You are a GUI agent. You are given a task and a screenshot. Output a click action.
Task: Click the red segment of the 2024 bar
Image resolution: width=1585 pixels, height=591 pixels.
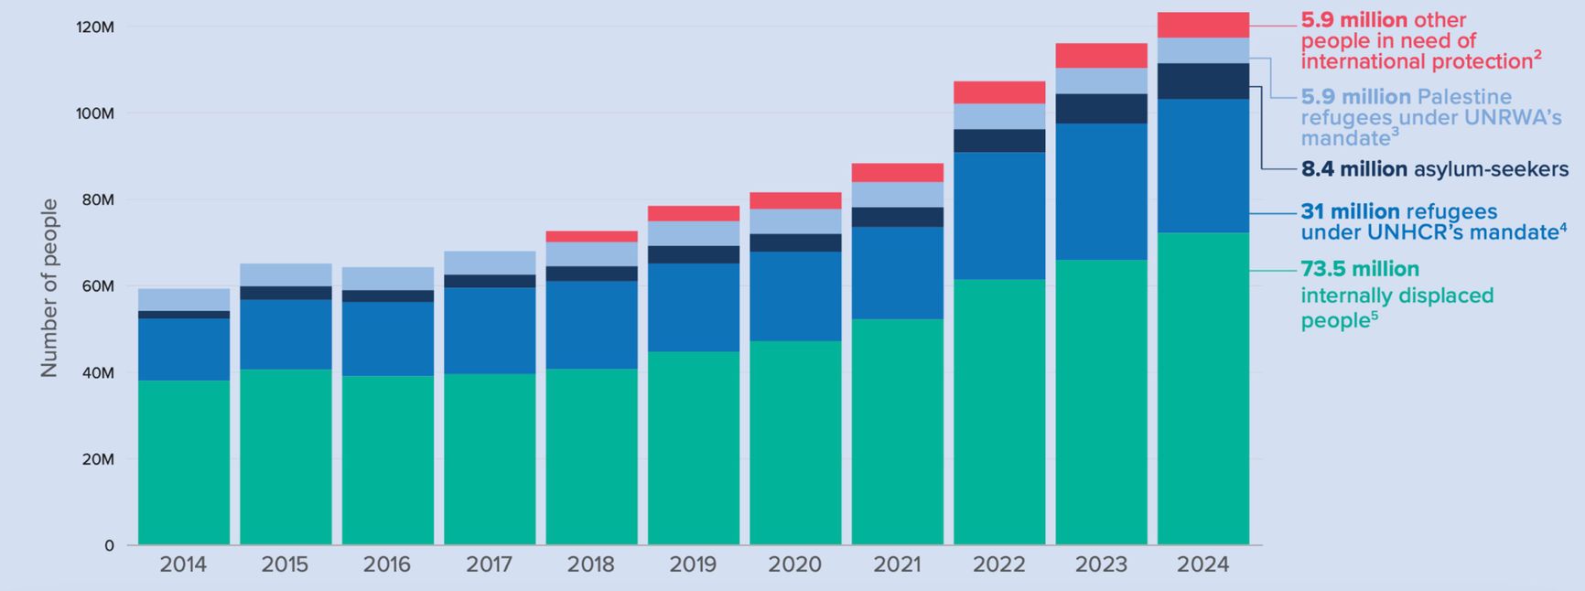click(1202, 25)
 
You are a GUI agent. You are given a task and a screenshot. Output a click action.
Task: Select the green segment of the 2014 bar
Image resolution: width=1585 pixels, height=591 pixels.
click(184, 462)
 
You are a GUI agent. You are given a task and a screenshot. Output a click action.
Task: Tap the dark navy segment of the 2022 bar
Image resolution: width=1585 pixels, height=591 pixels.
click(999, 140)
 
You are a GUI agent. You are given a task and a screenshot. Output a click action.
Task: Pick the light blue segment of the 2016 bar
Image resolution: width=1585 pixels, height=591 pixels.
click(387, 278)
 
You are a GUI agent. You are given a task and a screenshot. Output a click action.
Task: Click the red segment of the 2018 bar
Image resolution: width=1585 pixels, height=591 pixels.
click(591, 236)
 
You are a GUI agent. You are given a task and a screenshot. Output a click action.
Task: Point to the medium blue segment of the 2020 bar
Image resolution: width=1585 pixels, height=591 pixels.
click(795, 295)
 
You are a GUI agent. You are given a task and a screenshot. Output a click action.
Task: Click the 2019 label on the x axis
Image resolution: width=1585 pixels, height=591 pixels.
click(693, 564)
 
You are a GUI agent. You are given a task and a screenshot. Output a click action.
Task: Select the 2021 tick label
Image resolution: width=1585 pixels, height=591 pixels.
click(897, 564)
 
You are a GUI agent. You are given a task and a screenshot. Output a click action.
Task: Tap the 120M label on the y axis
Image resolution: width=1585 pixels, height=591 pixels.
click(95, 27)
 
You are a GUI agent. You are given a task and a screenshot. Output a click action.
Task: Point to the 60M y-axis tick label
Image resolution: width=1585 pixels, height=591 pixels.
click(98, 286)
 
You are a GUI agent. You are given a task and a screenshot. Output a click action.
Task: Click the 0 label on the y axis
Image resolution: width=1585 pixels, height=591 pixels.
click(109, 546)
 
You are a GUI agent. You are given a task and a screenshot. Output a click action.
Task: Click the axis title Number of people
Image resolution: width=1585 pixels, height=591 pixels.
click(49, 287)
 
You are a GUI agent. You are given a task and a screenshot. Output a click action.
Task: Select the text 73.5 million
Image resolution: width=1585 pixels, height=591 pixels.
click(1359, 269)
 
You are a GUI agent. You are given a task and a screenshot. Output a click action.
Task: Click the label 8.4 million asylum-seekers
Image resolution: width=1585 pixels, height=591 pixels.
click(1434, 169)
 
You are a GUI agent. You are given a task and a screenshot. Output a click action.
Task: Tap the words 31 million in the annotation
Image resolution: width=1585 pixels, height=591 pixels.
click(1350, 211)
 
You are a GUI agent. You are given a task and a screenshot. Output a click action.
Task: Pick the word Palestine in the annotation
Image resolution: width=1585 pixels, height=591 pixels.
click(1464, 97)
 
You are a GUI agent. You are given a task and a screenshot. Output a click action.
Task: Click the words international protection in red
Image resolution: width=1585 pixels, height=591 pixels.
click(1416, 62)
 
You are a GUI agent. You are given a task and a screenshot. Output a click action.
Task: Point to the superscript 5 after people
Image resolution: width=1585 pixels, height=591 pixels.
click(1375, 316)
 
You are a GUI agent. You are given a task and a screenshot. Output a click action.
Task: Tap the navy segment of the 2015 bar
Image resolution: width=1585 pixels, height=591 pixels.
click(286, 293)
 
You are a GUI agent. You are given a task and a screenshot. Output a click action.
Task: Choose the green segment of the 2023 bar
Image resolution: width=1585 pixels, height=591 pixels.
click(1101, 403)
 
